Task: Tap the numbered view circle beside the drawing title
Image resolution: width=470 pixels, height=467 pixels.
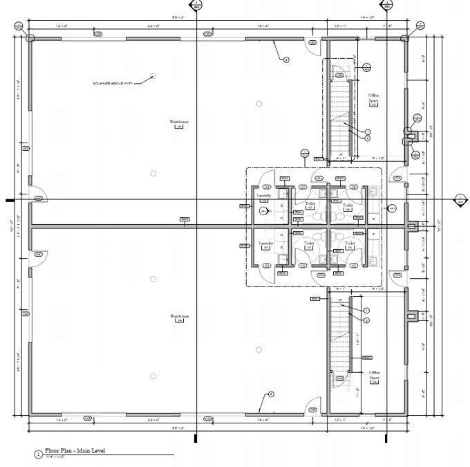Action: [x=37, y=454]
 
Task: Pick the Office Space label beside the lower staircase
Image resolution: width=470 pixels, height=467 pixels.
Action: [x=375, y=374]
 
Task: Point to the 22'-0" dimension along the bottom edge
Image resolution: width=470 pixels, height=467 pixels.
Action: [x=153, y=419]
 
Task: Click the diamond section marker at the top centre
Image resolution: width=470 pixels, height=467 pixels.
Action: [x=198, y=6]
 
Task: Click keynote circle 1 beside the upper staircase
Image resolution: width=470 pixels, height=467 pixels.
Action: [x=368, y=132]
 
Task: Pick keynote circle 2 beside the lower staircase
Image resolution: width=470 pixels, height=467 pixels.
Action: [x=367, y=319]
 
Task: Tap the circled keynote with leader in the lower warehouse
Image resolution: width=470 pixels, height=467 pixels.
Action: [x=271, y=394]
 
